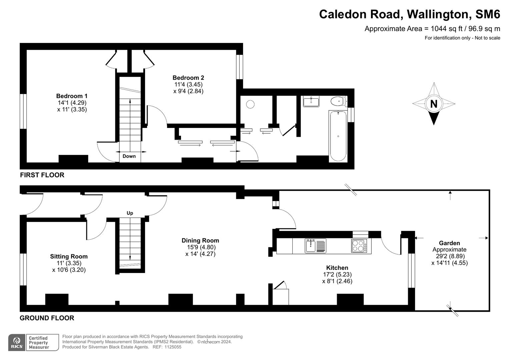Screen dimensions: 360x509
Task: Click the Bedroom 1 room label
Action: pyautogui.click(x=72, y=96)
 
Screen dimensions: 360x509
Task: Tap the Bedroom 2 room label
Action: pyautogui.click(x=188, y=78)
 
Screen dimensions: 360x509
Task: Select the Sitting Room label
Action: pyautogui.click(x=69, y=256)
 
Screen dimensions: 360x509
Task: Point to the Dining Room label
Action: pyautogui.click(x=200, y=240)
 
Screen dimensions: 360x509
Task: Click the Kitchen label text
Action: pyautogui.click(x=337, y=268)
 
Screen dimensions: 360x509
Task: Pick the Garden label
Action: pyautogui.click(x=449, y=243)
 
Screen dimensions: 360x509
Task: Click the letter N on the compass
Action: pyautogui.click(x=433, y=104)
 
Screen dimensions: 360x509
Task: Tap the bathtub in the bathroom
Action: pyautogui.click(x=338, y=136)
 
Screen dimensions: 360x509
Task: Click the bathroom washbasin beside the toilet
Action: pyautogui.click(x=311, y=101)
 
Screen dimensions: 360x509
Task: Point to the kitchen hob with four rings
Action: pyautogui.click(x=359, y=246)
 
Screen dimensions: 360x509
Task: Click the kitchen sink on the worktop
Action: pyautogui.click(x=311, y=246)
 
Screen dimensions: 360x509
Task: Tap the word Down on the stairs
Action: pyautogui.click(x=129, y=156)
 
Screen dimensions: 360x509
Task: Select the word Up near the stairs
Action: pyautogui.click(x=130, y=213)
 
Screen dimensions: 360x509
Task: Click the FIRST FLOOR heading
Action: pyautogui.click(x=42, y=175)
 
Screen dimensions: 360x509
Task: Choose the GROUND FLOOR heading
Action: pyautogui.click(x=47, y=318)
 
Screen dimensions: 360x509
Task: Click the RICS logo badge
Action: pyautogui.click(x=17, y=342)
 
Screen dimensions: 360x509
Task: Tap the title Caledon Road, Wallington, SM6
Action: pyautogui.click(x=409, y=14)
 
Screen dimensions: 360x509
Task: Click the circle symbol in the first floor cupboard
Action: pyautogui.click(x=250, y=104)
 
